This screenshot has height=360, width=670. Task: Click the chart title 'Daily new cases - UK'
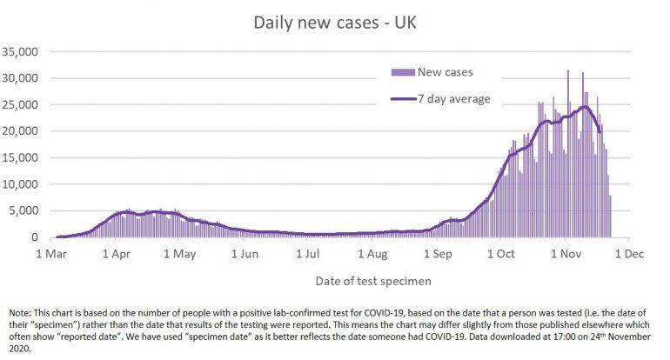click(335, 20)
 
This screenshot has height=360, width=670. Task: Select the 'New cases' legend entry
click(446, 71)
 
